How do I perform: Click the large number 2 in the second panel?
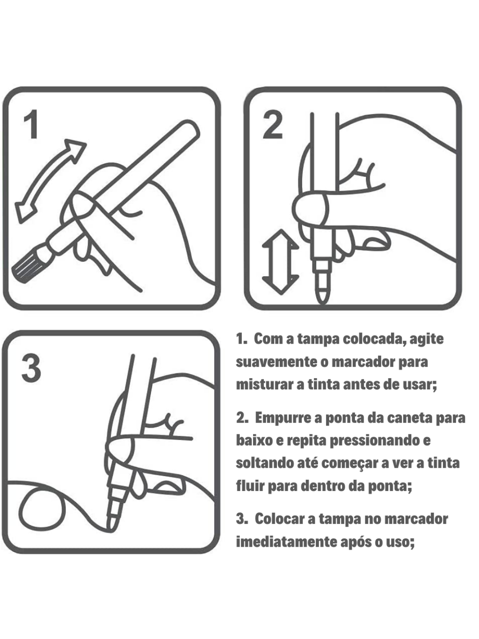click(273, 125)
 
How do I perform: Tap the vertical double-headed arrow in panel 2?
click(281, 262)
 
